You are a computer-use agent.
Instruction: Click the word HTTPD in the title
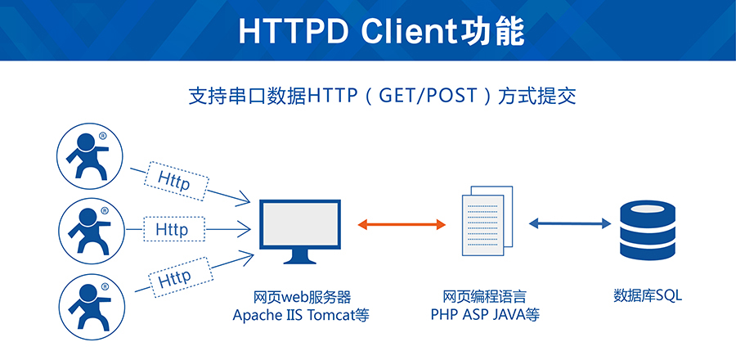point(287,30)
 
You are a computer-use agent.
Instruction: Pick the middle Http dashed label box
point(171,229)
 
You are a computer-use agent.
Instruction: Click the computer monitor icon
point(300,230)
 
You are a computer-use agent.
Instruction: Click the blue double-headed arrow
point(570,223)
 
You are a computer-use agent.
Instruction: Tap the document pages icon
point(487,220)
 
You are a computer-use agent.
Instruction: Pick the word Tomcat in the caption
point(331,315)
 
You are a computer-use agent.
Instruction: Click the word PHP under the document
point(445,315)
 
